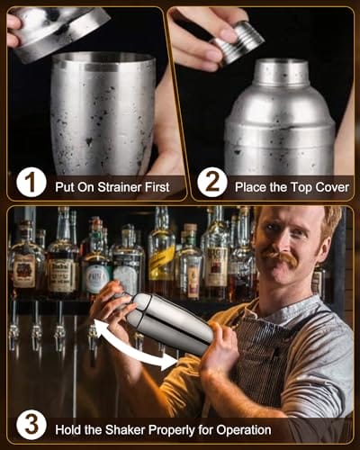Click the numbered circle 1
tap(31, 183)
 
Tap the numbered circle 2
tap(212, 183)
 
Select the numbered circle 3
tap(31, 426)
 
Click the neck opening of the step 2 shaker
tap(283, 62)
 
